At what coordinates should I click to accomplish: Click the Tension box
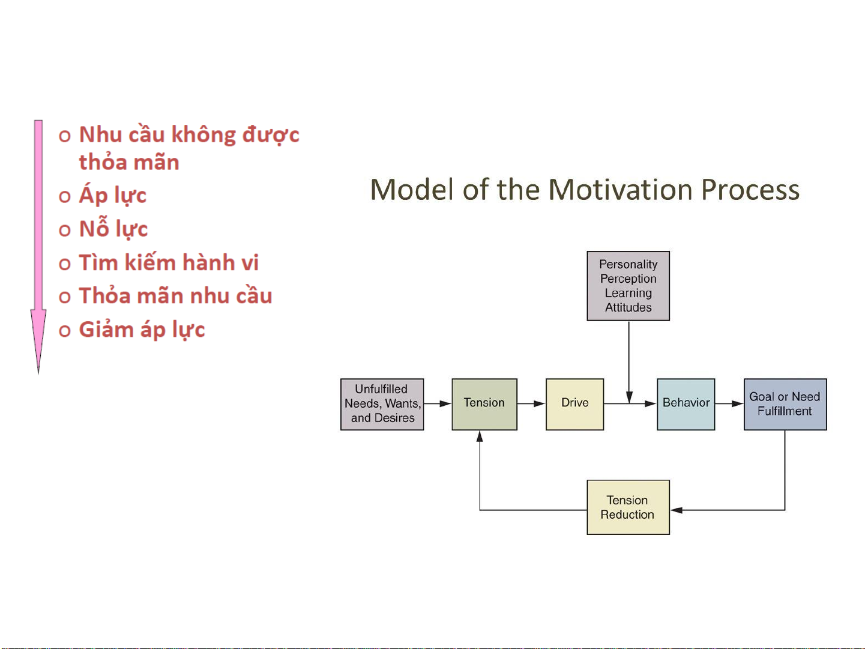point(484,404)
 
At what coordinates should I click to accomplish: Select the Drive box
point(574,404)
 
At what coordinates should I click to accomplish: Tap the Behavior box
point(686,404)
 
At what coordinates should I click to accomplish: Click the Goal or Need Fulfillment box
point(785,404)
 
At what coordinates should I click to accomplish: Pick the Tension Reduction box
point(628,507)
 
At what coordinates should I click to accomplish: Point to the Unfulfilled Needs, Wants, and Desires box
point(382,404)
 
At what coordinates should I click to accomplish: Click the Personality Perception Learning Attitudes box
point(628,286)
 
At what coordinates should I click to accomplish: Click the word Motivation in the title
point(620,190)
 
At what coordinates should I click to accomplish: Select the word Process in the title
point(750,190)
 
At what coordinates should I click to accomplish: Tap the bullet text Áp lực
point(113,196)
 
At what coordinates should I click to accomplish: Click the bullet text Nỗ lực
point(113,229)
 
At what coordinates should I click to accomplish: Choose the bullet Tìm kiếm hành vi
point(169,262)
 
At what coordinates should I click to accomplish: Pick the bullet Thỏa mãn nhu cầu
point(175,296)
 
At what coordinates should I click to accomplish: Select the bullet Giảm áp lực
point(142,330)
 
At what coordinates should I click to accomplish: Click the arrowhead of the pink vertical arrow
point(38,341)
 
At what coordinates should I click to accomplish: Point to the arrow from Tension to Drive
point(531,404)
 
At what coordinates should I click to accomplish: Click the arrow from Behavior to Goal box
point(729,404)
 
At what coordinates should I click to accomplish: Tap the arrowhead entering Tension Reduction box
point(677,510)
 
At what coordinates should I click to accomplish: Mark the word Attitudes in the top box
point(628,307)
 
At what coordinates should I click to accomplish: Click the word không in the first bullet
point(203,136)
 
